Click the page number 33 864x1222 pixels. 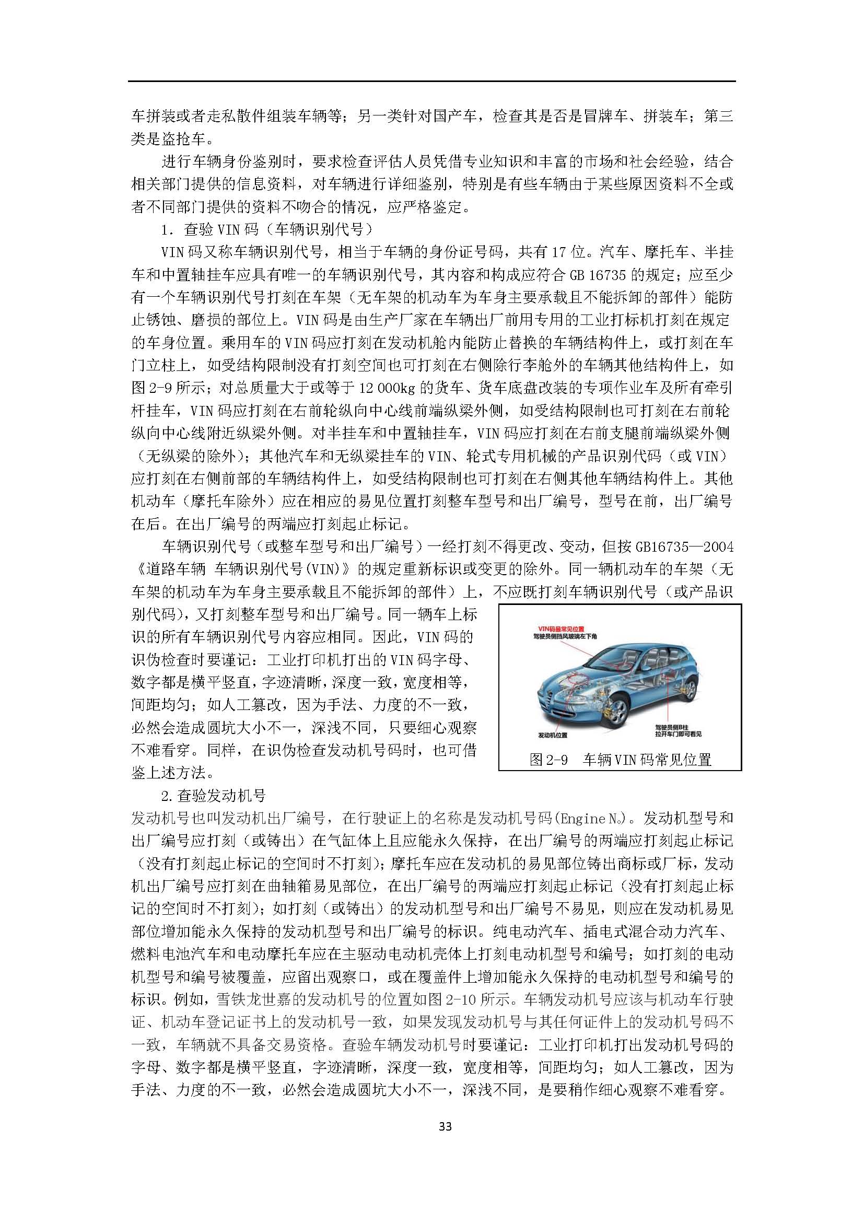tap(445, 1140)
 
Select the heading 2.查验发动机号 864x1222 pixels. tap(213, 796)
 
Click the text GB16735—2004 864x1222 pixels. tap(684, 546)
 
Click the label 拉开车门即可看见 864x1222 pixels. tap(679, 734)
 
